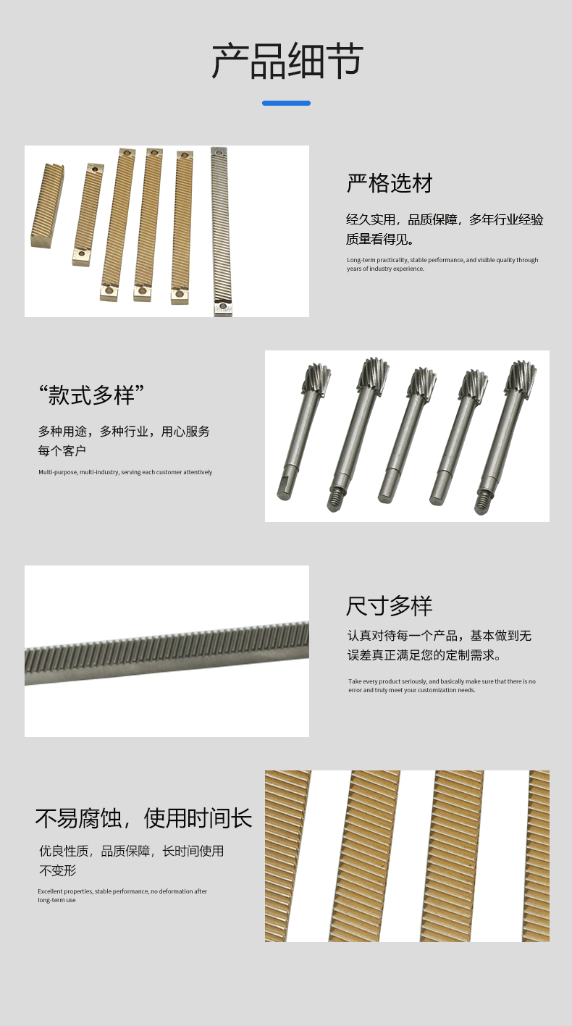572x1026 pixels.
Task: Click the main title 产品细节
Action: (x=287, y=61)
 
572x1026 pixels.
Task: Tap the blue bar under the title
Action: (x=286, y=103)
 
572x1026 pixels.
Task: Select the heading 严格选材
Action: (x=390, y=183)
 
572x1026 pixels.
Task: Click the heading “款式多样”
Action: (x=91, y=395)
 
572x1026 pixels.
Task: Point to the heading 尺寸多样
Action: (x=390, y=606)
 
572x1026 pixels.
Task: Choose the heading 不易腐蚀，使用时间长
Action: (x=144, y=818)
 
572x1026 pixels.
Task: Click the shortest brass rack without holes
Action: (x=47, y=206)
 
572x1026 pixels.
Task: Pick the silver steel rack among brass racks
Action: (x=222, y=231)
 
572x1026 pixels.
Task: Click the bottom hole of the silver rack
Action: (x=222, y=306)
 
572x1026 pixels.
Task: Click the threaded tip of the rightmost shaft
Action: (x=481, y=503)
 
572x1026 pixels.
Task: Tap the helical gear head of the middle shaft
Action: (x=422, y=381)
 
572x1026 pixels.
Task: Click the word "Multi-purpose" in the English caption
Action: (x=58, y=472)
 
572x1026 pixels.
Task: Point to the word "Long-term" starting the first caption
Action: (x=361, y=260)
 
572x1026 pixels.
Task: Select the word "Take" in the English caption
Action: (x=355, y=681)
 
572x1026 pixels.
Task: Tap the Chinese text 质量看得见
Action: (x=380, y=239)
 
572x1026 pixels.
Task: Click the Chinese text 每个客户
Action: (x=62, y=450)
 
